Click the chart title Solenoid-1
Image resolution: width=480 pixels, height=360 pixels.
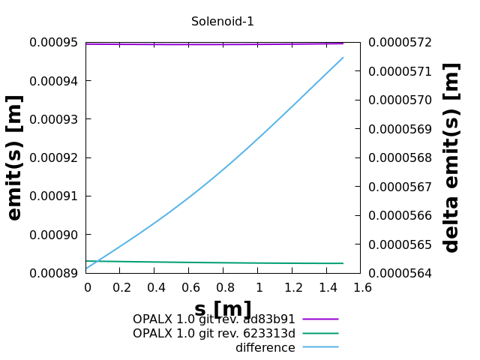click(222, 22)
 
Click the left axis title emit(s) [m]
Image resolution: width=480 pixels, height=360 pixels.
click(15, 157)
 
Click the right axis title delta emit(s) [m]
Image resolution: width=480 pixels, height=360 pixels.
click(451, 157)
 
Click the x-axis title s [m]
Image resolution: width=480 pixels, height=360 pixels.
click(223, 309)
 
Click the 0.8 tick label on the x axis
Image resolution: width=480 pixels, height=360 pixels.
click(224, 287)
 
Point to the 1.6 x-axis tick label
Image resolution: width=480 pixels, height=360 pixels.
click(361, 287)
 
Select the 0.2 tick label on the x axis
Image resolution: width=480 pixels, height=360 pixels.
click(121, 287)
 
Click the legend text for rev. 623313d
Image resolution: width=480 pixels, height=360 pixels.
click(214, 334)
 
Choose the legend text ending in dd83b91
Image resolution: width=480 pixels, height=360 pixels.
click(214, 319)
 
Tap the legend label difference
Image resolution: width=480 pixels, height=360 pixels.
click(265, 348)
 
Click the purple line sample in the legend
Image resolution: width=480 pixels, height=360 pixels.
click(320, 319)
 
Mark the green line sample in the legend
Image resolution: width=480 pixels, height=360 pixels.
click(320, 334)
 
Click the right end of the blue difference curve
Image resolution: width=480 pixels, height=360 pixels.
click(343, 58)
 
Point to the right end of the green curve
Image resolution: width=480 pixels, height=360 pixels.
click(343, 263)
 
